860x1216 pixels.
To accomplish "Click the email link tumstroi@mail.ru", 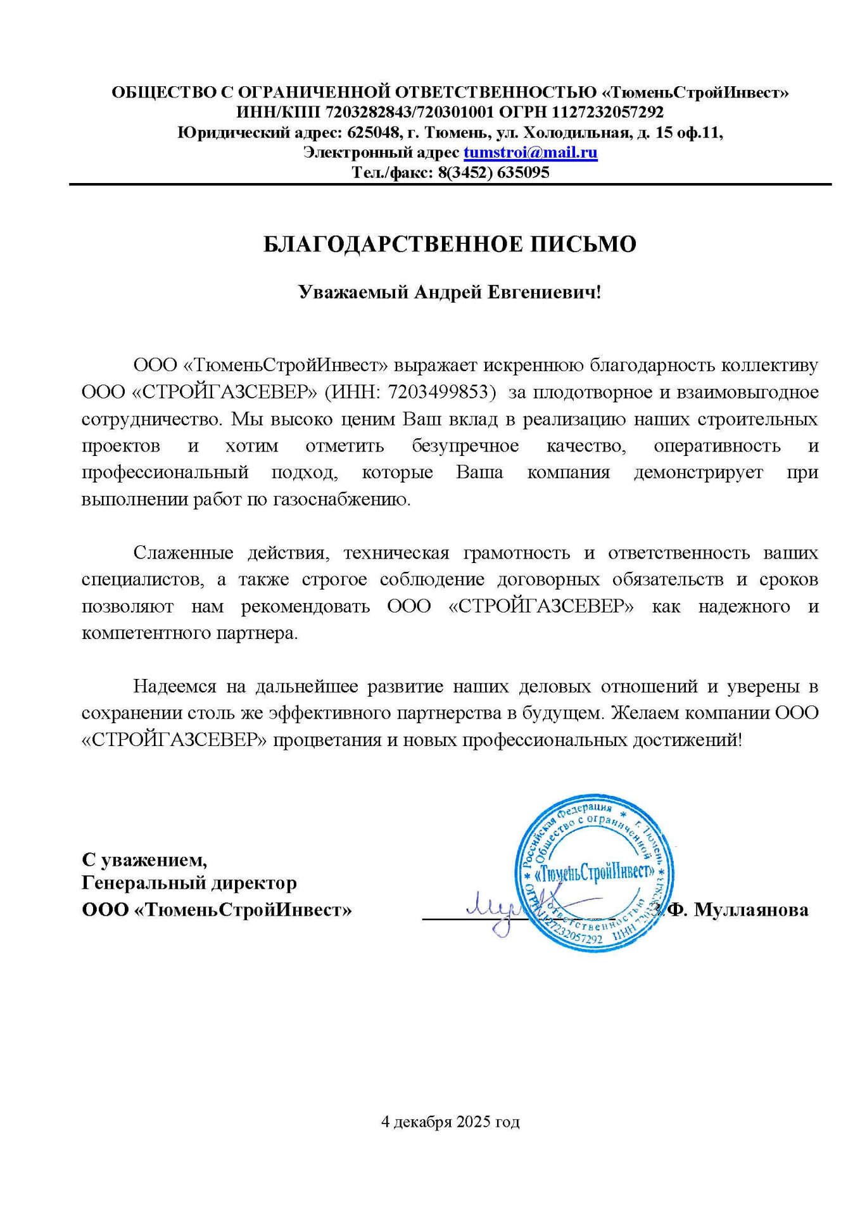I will (x=530, y=153).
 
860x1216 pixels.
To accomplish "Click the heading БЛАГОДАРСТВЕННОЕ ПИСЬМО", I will (x=450, y=244).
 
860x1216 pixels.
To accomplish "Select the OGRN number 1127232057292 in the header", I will (x=607, y=113).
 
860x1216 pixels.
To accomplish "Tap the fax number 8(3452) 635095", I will (x=493, y=172).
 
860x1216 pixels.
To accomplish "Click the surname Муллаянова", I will (x=751, y=910).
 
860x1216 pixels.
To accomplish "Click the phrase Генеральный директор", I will (x=189, y=882).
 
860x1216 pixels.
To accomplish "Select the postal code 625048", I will (x=374, y=133).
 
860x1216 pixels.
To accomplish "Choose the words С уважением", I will (x=144, y=859).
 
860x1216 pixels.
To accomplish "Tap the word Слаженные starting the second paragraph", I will (x=183, y=553).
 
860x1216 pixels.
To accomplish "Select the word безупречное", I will (x=465, y=446).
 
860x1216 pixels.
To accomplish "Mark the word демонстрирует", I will (x=698, y=472).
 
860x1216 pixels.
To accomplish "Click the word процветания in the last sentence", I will (x=327, y=740).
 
